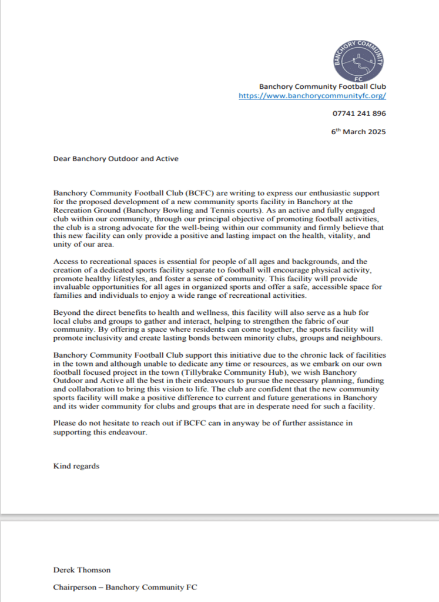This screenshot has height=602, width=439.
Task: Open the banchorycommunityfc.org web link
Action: pyautogui.click(x=312, y=95)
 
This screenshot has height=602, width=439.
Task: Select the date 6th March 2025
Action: pyautogui.click(x=358, y=132)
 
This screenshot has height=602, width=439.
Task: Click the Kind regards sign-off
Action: pyautogui.click(x=76, y=467)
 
